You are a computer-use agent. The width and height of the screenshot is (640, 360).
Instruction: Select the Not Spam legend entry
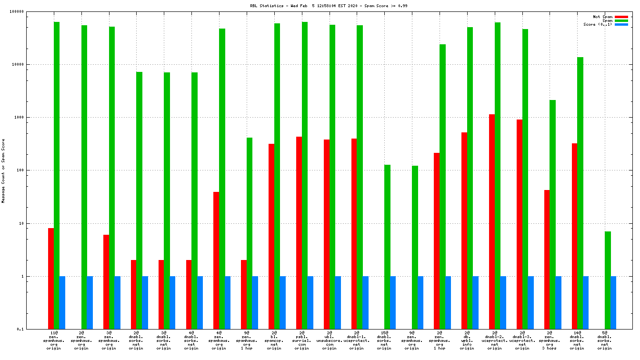point(602,17)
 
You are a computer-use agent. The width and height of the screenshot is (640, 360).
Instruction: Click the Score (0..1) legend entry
point(598,24)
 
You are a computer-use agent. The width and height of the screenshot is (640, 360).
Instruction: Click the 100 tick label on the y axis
point(32,170)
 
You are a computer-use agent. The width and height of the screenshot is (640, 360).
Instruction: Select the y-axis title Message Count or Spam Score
point(3,171)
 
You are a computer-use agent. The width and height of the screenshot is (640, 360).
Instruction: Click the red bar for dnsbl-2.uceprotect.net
point(492,221)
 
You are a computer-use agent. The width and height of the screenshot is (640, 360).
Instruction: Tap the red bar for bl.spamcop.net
point(271,236)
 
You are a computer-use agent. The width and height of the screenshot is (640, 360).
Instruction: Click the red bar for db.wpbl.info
point(464,230)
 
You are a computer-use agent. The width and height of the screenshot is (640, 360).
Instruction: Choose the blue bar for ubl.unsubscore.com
point(338,302)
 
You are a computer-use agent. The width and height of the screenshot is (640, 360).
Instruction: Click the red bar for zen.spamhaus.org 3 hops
point(547,260)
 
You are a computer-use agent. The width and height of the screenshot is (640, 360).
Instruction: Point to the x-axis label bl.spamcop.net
point(274,340)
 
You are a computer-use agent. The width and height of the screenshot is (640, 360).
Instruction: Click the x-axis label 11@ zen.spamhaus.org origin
point(53,340)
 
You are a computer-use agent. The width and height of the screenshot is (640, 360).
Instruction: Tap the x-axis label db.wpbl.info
point(467,340)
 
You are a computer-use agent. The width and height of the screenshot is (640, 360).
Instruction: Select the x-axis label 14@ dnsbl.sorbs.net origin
point(577,340)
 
